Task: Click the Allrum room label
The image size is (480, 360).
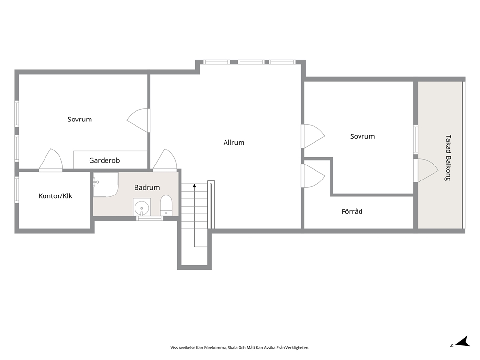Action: (x=234, y=142)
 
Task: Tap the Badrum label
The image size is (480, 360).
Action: (x=147, y=187)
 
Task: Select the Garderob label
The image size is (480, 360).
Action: (x=105, y=160)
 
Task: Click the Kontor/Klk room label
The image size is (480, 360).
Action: (x=55, y=196)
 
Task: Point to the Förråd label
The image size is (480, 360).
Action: (x=352, y=211)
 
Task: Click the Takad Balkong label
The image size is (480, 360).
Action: (x=448, y=158)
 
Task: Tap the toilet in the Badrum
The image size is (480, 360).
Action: (x=166, y=205)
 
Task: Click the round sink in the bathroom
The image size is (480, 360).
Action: (x=142, y=207)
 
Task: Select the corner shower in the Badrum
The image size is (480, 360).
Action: (x=105, y=184)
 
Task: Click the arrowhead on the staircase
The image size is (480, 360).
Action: (x=195, y=185)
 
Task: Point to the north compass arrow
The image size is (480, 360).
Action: (x=463, y=341)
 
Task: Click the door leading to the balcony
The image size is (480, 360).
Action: (x=426, y=170)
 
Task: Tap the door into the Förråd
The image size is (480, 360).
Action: (x=313, y=176)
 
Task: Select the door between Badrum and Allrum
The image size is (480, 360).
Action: (x=165, y=159)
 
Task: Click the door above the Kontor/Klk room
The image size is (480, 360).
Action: (x=51, y=159)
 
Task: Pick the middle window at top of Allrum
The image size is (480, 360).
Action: (x=251, y=62)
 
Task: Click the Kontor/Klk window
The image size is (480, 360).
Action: (x=17, y=190)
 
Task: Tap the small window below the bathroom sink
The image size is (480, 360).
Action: (x=149, y=218)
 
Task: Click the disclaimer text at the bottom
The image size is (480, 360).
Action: (x=240, y=348)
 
